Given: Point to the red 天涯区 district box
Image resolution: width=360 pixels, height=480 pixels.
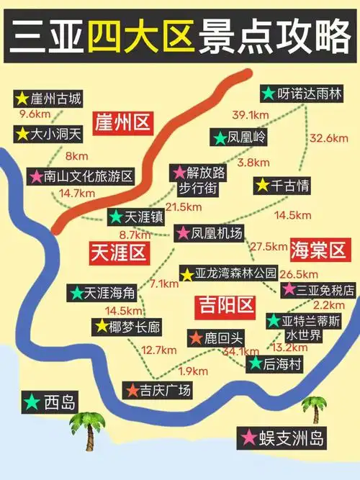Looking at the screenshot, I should pos(118,251).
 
